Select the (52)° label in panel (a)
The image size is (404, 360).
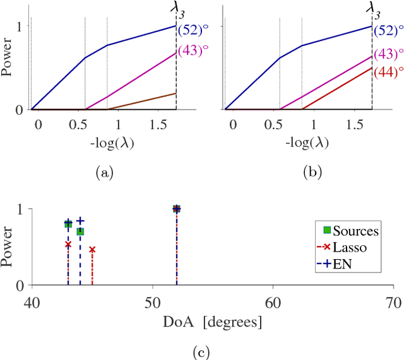(193, 30)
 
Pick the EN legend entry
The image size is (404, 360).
(341, 264)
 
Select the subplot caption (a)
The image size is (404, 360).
(104, 171)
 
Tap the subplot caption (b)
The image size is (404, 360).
(299, 171)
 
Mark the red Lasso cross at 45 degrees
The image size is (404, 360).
(92, 250)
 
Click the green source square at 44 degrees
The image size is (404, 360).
(80, 231)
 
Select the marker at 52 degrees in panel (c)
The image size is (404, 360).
(177, 209)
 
